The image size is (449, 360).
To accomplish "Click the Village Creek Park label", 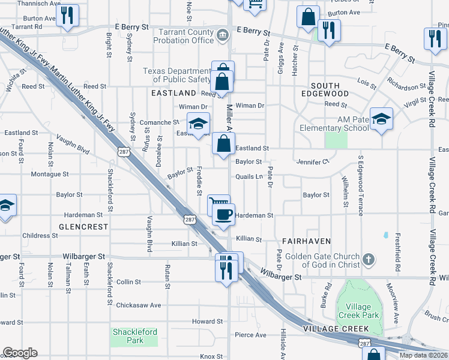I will (x=358, y=311).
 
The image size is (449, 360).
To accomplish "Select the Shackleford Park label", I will (x=134, y=336).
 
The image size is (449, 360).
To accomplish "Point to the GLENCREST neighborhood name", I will (x=83, y=227).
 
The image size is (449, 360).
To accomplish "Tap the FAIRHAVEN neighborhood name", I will (x=307, y=241).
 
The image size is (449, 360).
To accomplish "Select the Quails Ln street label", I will (x=249, y=177).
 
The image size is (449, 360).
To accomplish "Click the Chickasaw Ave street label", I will (x=139, y=305).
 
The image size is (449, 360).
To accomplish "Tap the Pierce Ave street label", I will (x=250, y=335).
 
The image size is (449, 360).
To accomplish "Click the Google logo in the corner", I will (x=20, y=353).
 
